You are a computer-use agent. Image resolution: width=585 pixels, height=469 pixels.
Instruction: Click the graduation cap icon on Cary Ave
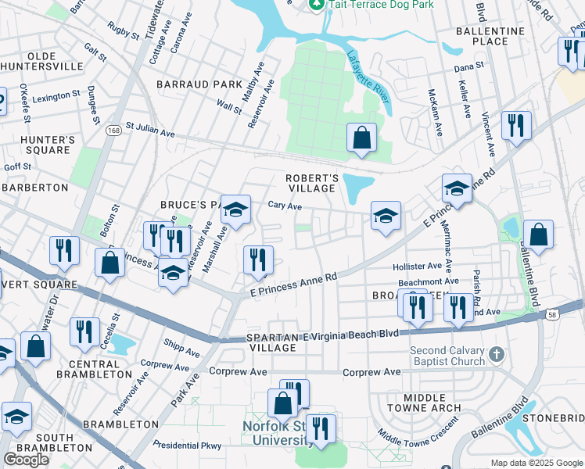pos(235,210)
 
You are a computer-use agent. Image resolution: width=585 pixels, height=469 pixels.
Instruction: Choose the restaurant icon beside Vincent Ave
pos(516,127)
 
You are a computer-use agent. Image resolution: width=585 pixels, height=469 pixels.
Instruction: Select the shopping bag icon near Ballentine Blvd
pos(538,235)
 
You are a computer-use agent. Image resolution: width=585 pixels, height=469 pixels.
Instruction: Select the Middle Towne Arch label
pos(425,403)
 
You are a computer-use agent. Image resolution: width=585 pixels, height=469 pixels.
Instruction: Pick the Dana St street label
pos(470,68)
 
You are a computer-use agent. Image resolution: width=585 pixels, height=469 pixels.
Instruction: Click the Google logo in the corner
pos(26,460)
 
